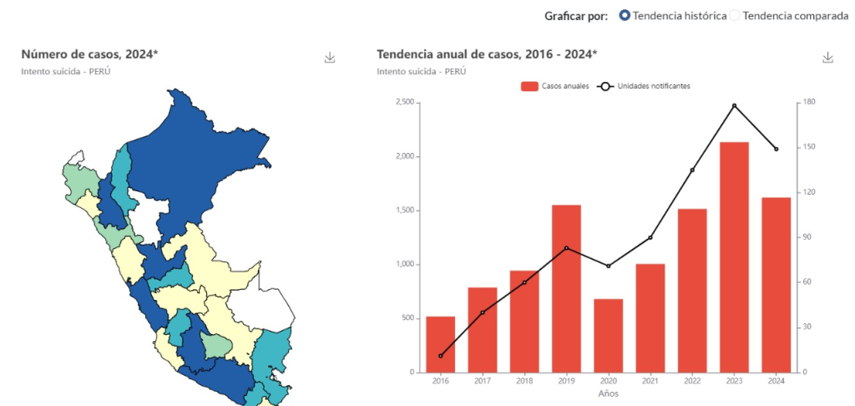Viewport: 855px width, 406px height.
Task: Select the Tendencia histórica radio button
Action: tap(625, 15)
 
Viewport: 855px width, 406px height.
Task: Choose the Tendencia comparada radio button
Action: tap(736, 15)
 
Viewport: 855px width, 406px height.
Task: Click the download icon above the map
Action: tap(330, 58)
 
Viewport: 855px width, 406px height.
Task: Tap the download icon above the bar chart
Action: tap(827, 58)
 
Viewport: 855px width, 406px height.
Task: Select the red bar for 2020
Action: tap(609, 335)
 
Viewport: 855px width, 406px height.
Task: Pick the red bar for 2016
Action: tap(441, 344)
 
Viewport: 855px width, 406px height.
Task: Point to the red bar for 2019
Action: tap(566, 288)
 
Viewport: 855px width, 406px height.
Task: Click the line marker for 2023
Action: tap(734, 105)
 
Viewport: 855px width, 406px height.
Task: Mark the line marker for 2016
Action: tap(441, 356)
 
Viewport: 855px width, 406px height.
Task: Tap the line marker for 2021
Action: tap(650, 237)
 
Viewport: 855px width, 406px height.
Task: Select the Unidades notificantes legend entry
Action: tap(644, 86)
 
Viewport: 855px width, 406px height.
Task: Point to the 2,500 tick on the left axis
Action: tap(404, 103)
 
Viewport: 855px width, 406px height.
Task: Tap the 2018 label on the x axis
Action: tap(524, 381)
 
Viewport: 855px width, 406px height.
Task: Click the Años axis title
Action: tap(609, 393)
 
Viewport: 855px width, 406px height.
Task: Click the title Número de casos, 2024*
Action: tap(89, 54)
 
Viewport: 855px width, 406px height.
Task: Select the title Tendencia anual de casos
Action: tap(487, 54)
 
